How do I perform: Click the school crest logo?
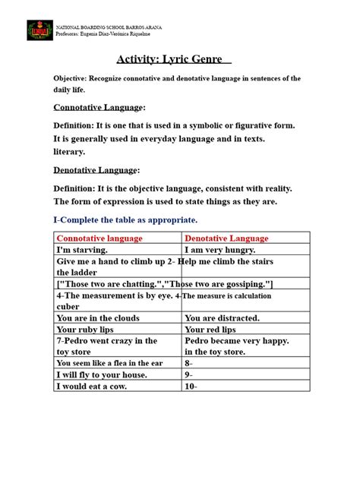pyautogui.click(x=40, y=30)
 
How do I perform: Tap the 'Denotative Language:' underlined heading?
pyautogui.click(x=96, y=170)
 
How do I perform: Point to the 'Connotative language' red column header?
pyautogui.click(x=99, y=238)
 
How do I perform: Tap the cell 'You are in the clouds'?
pyautogui.click(x=98, y=318)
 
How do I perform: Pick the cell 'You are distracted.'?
pyautogui.click(x=222, y=318)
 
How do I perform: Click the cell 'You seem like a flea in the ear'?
pyautogui.click(x=110, y=364)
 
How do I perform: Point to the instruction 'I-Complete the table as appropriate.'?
pyautogui.click(x=125, y=219)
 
